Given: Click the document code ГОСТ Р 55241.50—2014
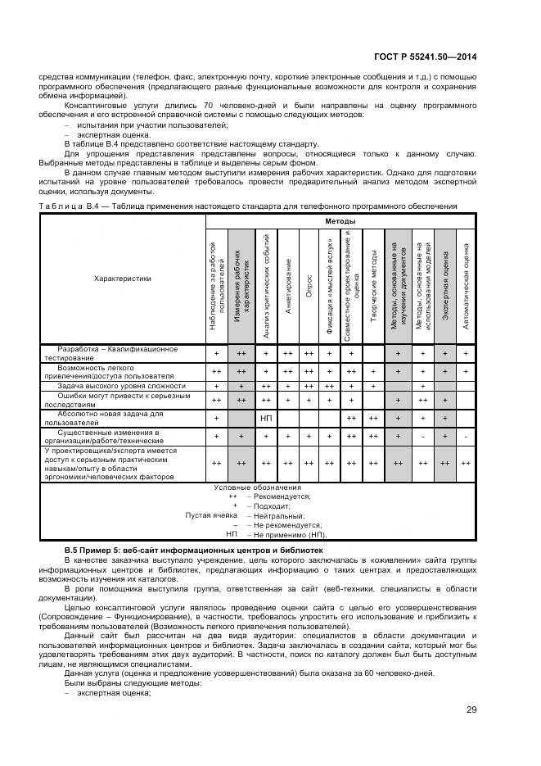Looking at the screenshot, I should [427, 57].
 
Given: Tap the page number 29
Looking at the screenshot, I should [471, 709].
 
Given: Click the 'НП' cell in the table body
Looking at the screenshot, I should [265, 418].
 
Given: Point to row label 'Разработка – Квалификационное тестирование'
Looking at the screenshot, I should [112, 353].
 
